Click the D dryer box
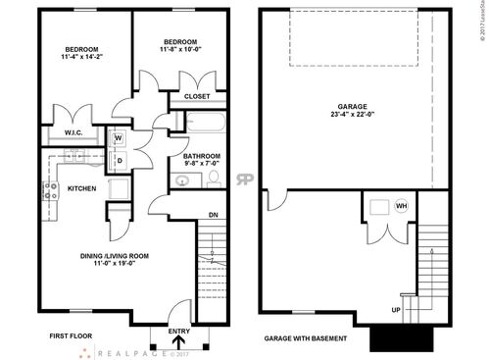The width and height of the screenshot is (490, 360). (x=119, y=160)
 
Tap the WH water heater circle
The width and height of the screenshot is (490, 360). (x=401, y=206)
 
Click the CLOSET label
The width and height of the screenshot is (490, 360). (x=198, y=96)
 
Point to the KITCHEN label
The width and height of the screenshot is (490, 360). (x=81, y=188)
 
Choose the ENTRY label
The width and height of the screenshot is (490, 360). (x=178, y=331)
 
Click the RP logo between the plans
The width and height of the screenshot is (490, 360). (x=244, y=180)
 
